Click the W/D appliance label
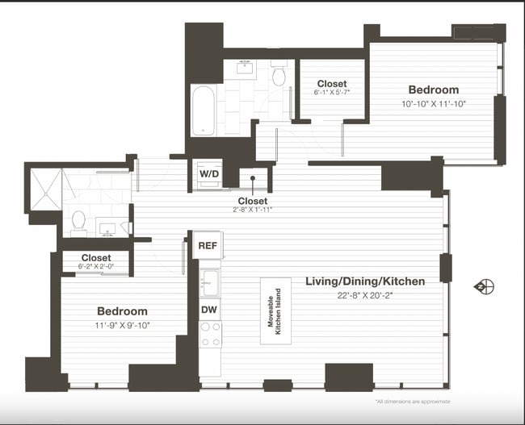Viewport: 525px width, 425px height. [x=208, y=173]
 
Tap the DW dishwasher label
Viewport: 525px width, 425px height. [x=208, y=308]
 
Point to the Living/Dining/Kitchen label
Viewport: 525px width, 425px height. [x=365, y=281]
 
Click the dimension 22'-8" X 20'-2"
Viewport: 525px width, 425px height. [x=365, y=295]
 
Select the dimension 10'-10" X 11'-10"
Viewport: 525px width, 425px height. [x=433, y=103]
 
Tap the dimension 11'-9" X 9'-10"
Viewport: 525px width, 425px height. [x=123, y=325]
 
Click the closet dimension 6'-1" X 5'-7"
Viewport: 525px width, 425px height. [x=331, y=94]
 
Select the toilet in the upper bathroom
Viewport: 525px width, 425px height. [x=279, y=76]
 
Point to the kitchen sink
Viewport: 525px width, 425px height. [x=210, y=281]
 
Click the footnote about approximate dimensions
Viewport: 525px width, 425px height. [x=412, y=402]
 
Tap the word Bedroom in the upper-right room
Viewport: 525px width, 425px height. [x=433, y=90]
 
